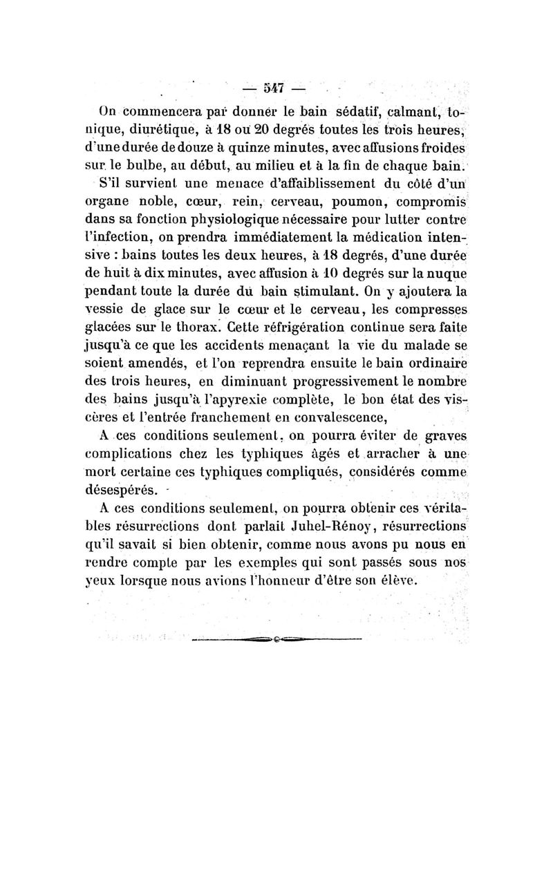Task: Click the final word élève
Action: (400, 578)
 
